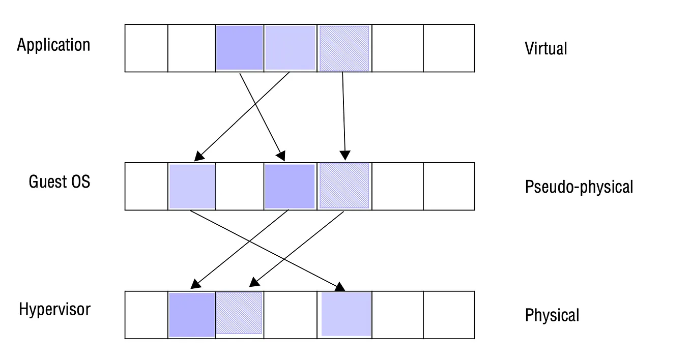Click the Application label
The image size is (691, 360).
coord(53,45)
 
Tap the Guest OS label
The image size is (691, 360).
coord(60,182)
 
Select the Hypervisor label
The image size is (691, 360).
coord(54,309)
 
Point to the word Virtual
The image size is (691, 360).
coord(545,49)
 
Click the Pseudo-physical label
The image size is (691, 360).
coord(579,187)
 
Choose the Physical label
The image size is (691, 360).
coord(552,315)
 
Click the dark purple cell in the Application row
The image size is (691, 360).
coord(239,48)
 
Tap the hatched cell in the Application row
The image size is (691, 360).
coord(344,48)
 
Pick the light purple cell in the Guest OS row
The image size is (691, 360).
coord(192,186)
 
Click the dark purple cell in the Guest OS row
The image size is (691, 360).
coord(289,186)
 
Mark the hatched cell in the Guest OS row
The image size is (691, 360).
coord(344,186)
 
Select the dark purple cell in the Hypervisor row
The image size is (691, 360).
coord(192,314)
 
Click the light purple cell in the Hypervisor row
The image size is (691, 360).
coord(346,314)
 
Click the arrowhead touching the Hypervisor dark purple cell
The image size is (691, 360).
coord(196,284)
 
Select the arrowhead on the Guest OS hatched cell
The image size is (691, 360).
coord(345,155)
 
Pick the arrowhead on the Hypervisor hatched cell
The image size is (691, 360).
coord(253,284)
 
